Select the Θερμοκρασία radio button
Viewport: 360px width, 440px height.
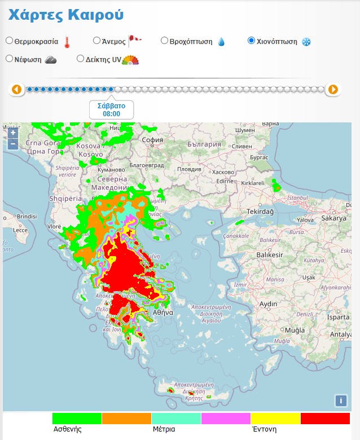click(10, 41)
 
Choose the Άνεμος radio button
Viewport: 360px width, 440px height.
click(97, 41)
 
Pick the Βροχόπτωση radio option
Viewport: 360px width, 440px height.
click(165, 41)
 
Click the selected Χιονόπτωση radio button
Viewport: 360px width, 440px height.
click(252, 41)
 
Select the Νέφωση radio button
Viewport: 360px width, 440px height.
click(10, 59)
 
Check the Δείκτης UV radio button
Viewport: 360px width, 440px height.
click(80, 59)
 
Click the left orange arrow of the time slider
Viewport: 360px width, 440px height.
click(16, 89)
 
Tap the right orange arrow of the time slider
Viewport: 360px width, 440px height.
click(333, 89)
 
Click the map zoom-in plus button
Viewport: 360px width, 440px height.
click(12, 133)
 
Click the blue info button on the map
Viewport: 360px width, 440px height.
click(340, 401)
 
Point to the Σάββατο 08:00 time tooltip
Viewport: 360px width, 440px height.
click(111, 109)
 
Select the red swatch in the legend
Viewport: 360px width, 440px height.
click(325, 418)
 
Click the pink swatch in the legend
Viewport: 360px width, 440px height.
click(226, 418)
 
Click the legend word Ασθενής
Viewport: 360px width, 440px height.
click(68, 429)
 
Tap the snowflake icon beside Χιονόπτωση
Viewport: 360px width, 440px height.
click(306, 42)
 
